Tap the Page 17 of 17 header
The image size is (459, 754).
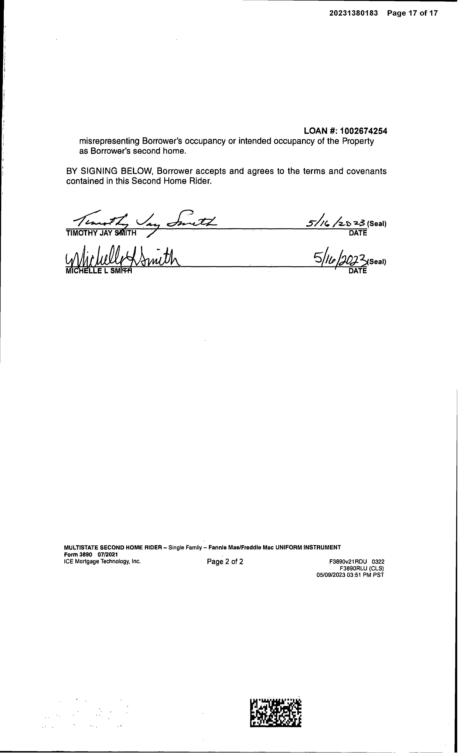[x=412, y=13]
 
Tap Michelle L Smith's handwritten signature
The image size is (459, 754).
[x=122, y=259]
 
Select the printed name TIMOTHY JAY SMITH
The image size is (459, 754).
[x=101, y=233]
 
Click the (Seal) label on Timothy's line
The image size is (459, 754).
[x=377, y=224]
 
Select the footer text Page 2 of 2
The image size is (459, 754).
[x=225, y=562]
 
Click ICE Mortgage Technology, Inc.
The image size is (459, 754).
[x=102, y=561]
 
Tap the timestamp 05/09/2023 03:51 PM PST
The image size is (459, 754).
[x=350, y=575]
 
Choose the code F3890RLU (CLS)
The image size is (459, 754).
[x=362, y=568]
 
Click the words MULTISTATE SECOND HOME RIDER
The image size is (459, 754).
[x=113, y=547]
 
